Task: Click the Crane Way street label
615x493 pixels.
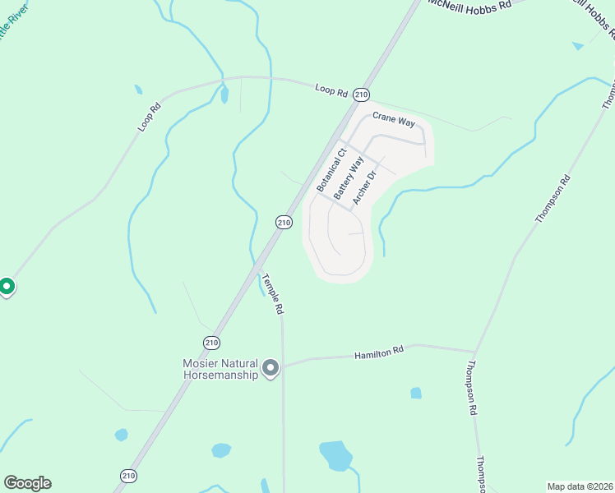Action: (x=394, y=119)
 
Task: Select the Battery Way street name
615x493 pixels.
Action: (x=348, y=177)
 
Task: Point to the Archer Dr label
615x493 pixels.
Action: (x=363, y=187)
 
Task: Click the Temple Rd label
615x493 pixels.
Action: (x=272, y=294)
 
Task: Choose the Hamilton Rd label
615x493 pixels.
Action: (x=379, y=352)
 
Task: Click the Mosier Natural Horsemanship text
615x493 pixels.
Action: (x=220, y=368)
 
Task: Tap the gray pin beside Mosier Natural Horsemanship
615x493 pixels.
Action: (x=271, y=368)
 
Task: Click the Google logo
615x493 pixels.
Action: (x=27, y=483)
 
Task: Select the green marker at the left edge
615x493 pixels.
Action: (x=6, y=287)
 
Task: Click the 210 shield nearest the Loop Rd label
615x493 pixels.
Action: (x=361, y=95)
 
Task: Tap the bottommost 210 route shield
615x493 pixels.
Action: (x=128, y=476)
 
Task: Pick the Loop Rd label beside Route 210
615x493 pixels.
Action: (x=331, y=90)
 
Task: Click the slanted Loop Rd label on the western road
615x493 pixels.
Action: (x=147, y=118)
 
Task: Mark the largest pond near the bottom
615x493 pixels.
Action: (x=335, y=453)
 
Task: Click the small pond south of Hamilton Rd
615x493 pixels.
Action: (x=416, y=393)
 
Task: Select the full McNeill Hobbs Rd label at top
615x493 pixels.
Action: (x=469, y=4)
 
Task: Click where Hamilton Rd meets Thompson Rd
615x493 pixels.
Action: (x=474, y=350)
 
